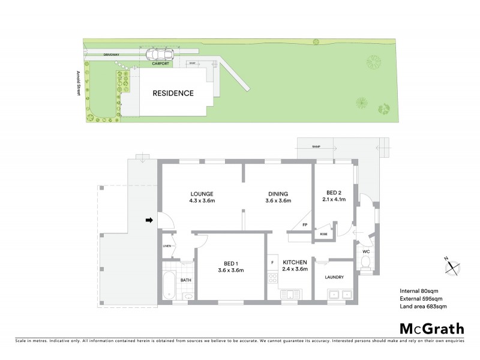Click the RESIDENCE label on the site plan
[x=173, y=94]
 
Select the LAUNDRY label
[x=334, y=277]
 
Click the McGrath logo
[x=431, y=328]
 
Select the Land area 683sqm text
[x=423, y=307]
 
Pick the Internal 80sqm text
[x=418, y=292]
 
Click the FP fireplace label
[x=305, y=225]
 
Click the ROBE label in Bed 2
[x=323, y=234]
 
